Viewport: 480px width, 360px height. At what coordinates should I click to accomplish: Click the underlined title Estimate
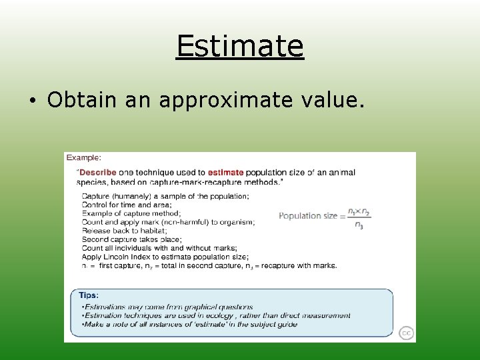(x=240, y=46)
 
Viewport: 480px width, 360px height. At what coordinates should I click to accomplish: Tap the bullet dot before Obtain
(x=33, y=101)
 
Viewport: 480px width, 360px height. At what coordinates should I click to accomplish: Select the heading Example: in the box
(x=83, y=158)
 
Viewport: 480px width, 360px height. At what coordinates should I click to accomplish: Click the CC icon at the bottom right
(x=405, y=333)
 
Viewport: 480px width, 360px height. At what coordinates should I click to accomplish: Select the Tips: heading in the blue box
(x=89, y=295)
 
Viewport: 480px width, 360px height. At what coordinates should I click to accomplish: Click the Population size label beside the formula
(x=307, y=215)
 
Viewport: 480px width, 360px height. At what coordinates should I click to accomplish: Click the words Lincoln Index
(x=127, y=257)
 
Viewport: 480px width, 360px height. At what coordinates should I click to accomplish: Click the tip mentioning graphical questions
(x=167, y=307)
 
